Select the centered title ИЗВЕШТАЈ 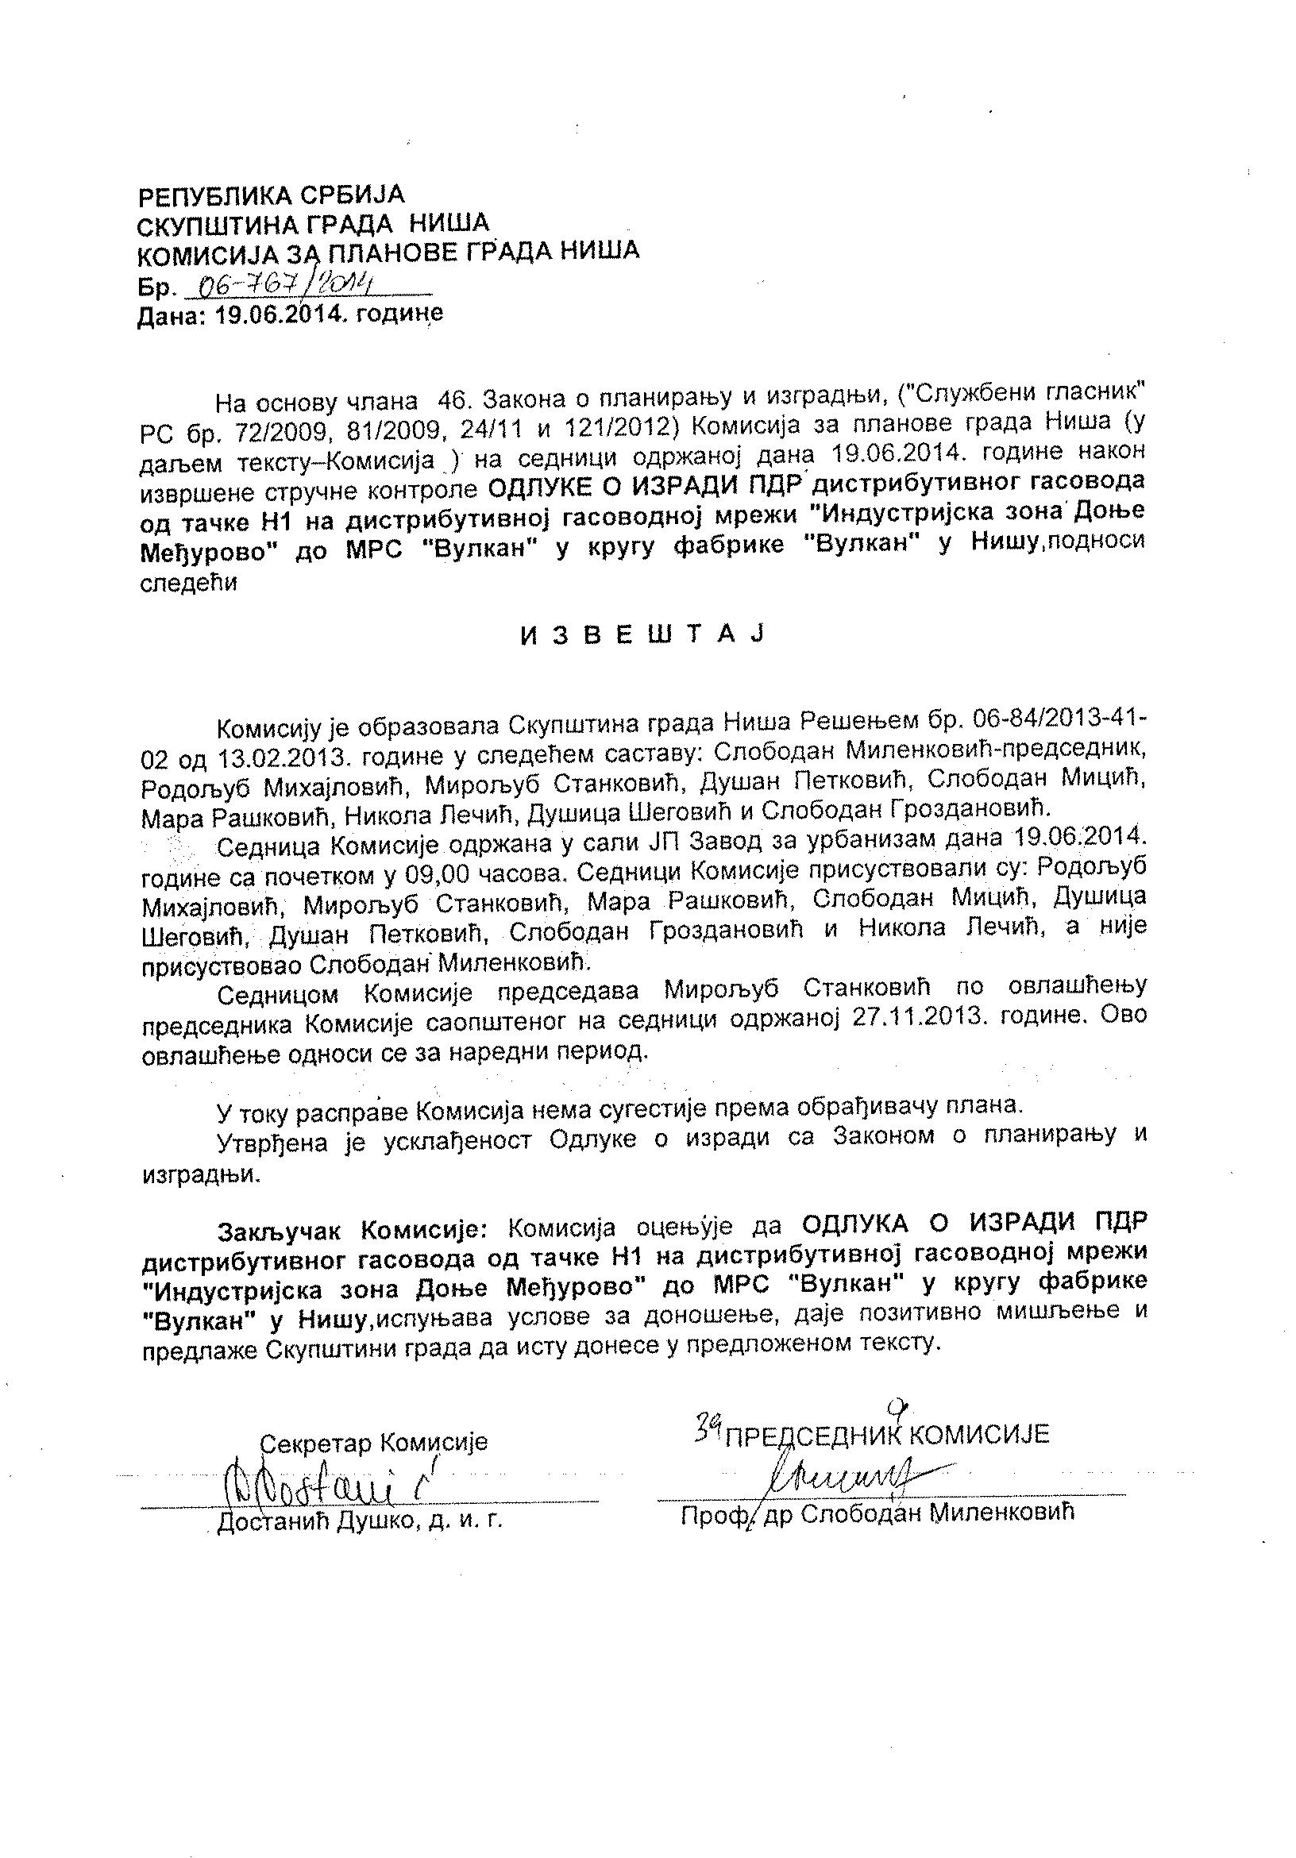coord(641,635)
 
